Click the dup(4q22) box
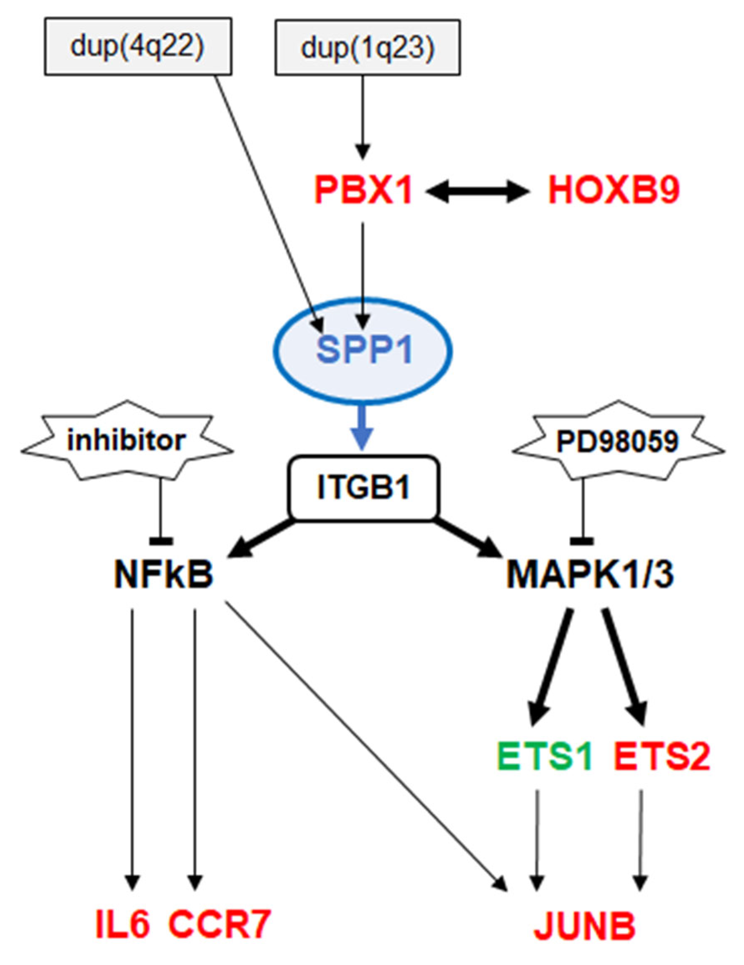pos(138,46)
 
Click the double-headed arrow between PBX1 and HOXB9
pos(479,193)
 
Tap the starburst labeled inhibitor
pos(127,441)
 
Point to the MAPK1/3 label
pos(590,576)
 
